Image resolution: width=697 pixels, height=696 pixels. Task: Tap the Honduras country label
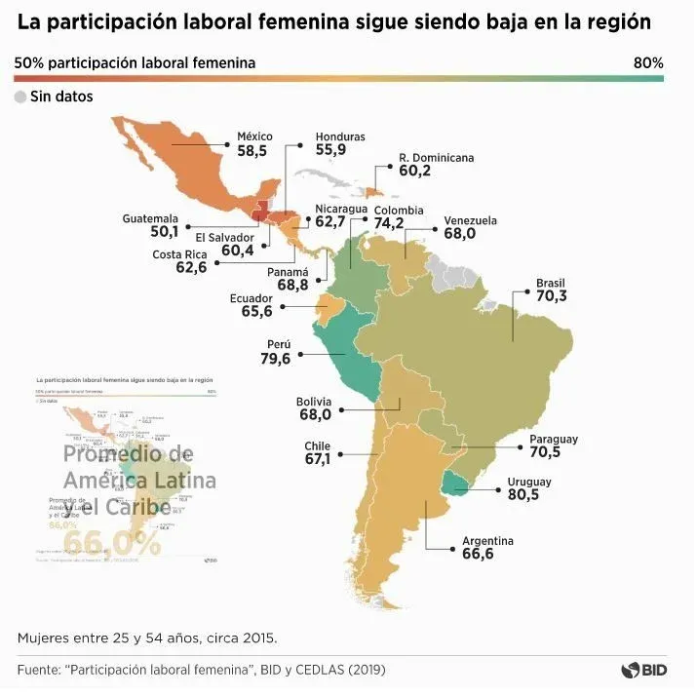tap(339, 136)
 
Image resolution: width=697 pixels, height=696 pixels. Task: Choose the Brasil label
tap(550, 284)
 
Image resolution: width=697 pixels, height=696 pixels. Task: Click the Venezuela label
tap(470, 220)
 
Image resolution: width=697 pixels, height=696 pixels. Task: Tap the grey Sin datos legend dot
tap(20, 97)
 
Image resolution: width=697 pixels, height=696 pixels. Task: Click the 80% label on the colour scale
tap(648, 62)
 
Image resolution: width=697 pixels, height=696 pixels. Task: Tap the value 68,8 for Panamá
tap(292, 286)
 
